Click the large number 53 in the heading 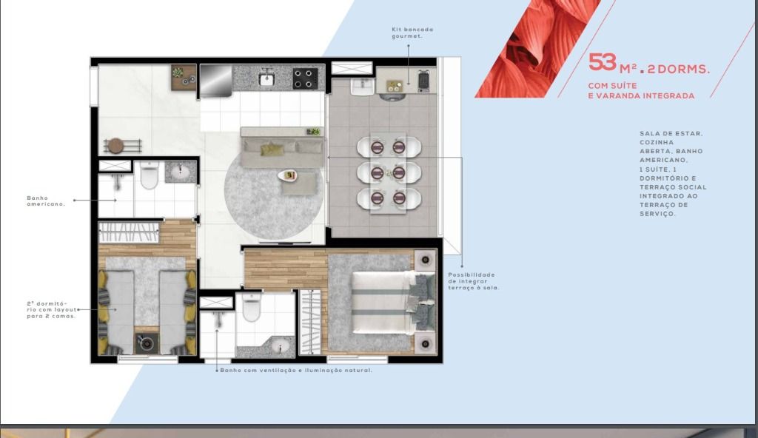[x=603, y=62]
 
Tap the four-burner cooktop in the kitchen [x=306, y=78]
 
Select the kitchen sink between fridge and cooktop [x=266, y=78]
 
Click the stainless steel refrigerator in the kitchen [x=215, y=81]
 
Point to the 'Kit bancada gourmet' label [x=412, y=33]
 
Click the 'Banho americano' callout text [x=45, y=201]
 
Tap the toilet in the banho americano [x=150, y=175]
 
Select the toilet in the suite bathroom [x=252, y=306]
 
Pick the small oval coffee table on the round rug [x=288, y=175]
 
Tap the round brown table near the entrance [x=116, y=146]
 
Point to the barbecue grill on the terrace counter [x=423, y=81]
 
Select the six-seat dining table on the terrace [x=388, y=172]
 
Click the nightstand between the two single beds [x=146, y=343]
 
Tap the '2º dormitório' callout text [x=51, y=310]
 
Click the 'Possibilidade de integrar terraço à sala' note [x=473, y=281]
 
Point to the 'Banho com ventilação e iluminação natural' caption [x=296, y=371]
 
